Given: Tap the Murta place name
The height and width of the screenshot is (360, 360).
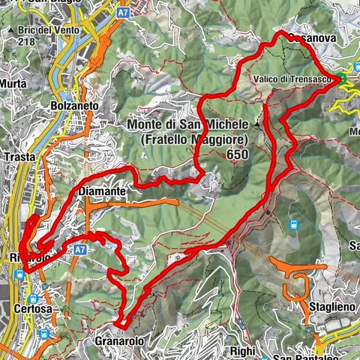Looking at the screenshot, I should click(13, 83).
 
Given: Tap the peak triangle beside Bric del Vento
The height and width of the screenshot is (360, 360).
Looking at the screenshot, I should click(9, 31).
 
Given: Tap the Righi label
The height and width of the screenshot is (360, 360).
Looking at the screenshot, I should click(242, 349).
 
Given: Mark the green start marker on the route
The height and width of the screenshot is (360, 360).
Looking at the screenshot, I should click(340, 78).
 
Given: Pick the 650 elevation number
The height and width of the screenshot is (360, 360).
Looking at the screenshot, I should click(235, 154).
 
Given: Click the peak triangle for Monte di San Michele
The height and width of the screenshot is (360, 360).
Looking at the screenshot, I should click(259, 123).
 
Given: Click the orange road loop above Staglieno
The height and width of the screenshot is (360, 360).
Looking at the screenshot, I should click(296, 280).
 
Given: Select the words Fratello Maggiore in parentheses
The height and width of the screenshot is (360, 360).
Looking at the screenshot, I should click(190, 139).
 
